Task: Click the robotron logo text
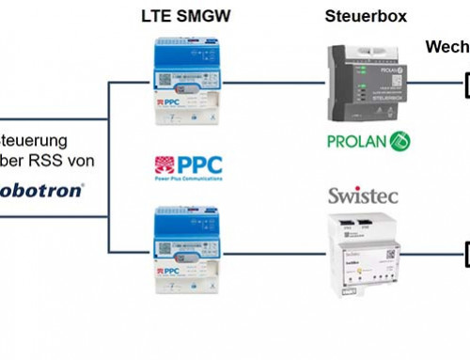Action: point(42,187)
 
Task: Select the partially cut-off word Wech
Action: point(446,47)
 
